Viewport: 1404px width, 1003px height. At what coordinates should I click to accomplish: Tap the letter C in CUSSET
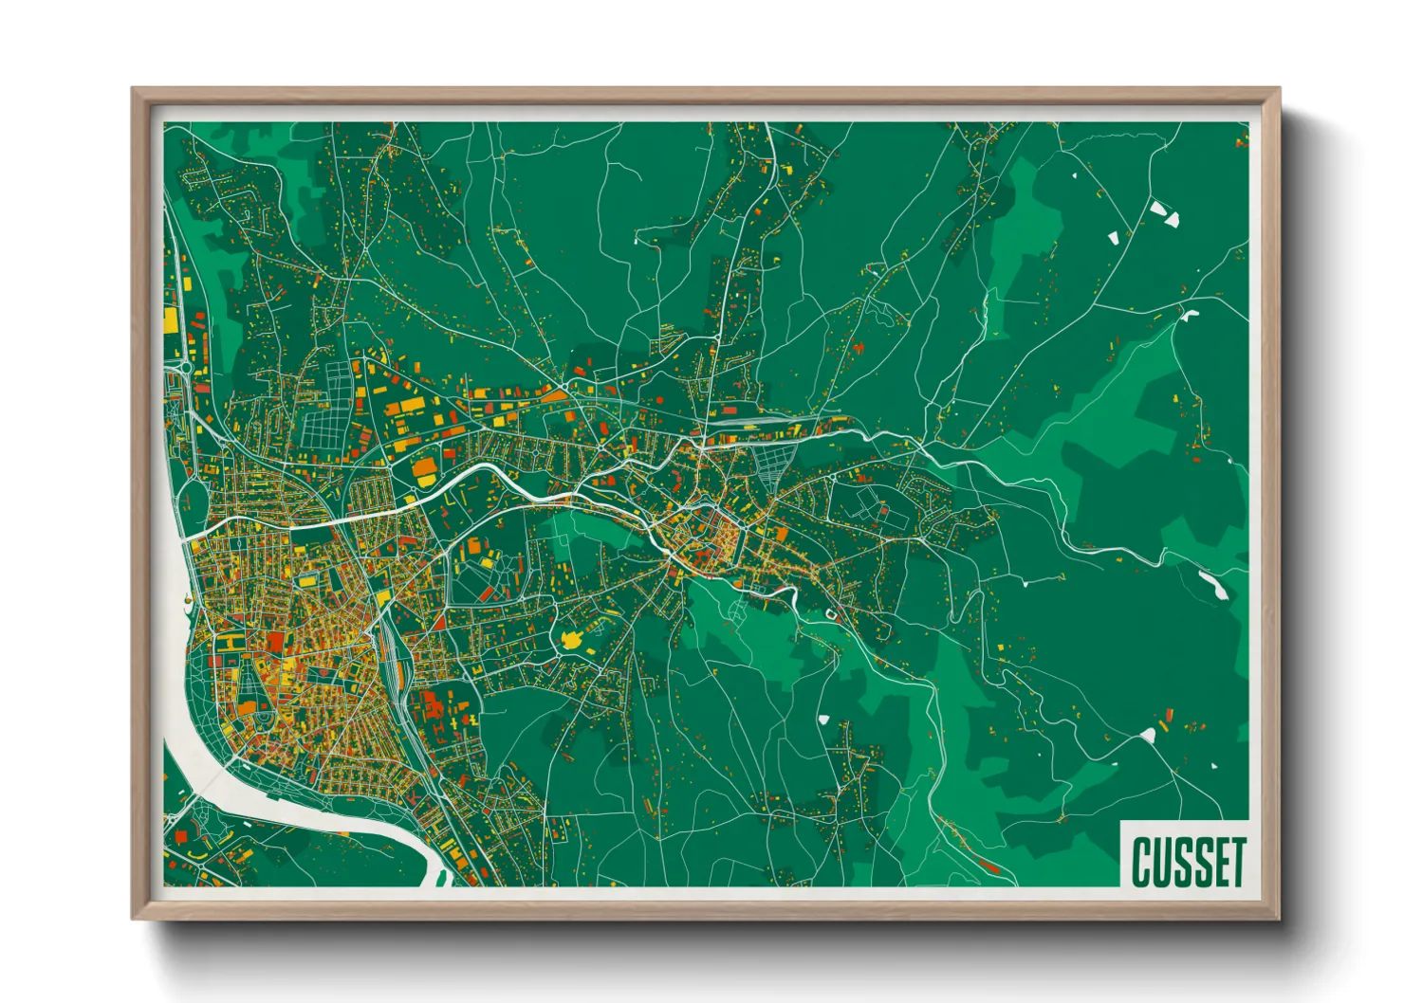(x=1141, y=861)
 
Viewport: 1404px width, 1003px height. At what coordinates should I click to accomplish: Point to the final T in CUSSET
(x=1235, y=861)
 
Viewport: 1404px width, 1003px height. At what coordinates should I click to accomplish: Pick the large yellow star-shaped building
(x=572, y=642)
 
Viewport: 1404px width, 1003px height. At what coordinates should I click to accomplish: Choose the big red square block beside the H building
(x=275, y=642)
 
